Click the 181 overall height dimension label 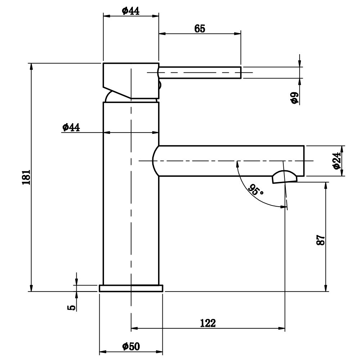click(x=26, y=177)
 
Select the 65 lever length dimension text click(x=199, y=29)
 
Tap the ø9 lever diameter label click(x=294, y=98)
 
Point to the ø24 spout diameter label click(x=337, y=161)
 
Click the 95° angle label click(x=256, y=190)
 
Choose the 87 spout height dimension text click(x=321, y=240)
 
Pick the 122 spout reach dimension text click(x=208, y=323)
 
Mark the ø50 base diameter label click(x=131, y=346)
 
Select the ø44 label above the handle click(x=131, y=11)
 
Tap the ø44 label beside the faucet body click(x=71, y=127)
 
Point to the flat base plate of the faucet click(x=131, y=288)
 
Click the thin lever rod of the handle click(x=200, y=73)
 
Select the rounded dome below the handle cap click(x=131, y=96)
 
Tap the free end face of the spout click(x=304, y=161)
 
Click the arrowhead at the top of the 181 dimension click(x=31, y=66)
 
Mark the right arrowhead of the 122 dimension click(x=282, y=328)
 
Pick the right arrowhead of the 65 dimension click(x=237, y=34)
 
